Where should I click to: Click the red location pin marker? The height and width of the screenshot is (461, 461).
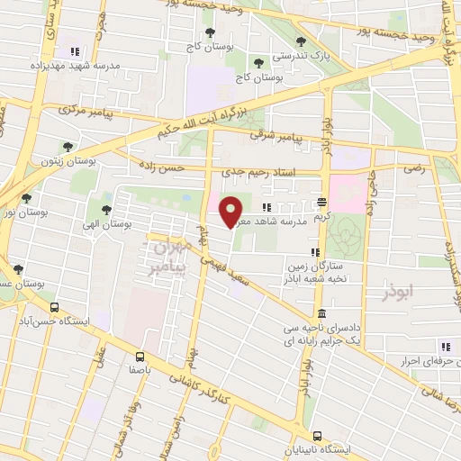click(232, 211)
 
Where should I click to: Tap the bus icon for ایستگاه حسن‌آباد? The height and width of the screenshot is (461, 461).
click(55, 306)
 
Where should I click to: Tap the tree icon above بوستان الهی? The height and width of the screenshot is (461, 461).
click(106, 209)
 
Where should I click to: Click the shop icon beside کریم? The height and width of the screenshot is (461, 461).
click(322, 201)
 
